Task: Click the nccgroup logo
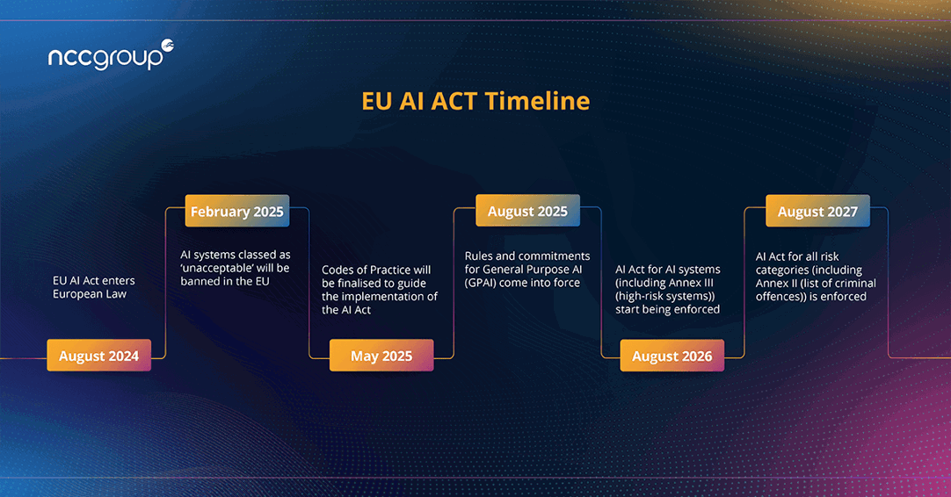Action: [x=111, y=54]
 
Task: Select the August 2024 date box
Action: [x=98, y=356]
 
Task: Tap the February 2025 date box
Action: [x=237, y=212]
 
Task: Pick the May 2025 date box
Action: [x=381, y=356]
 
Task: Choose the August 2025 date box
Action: [x=527, y=211]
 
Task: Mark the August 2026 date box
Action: [x=672, y=356]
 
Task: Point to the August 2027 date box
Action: [x=817, y=212]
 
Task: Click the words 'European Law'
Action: [x=90, y=294]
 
